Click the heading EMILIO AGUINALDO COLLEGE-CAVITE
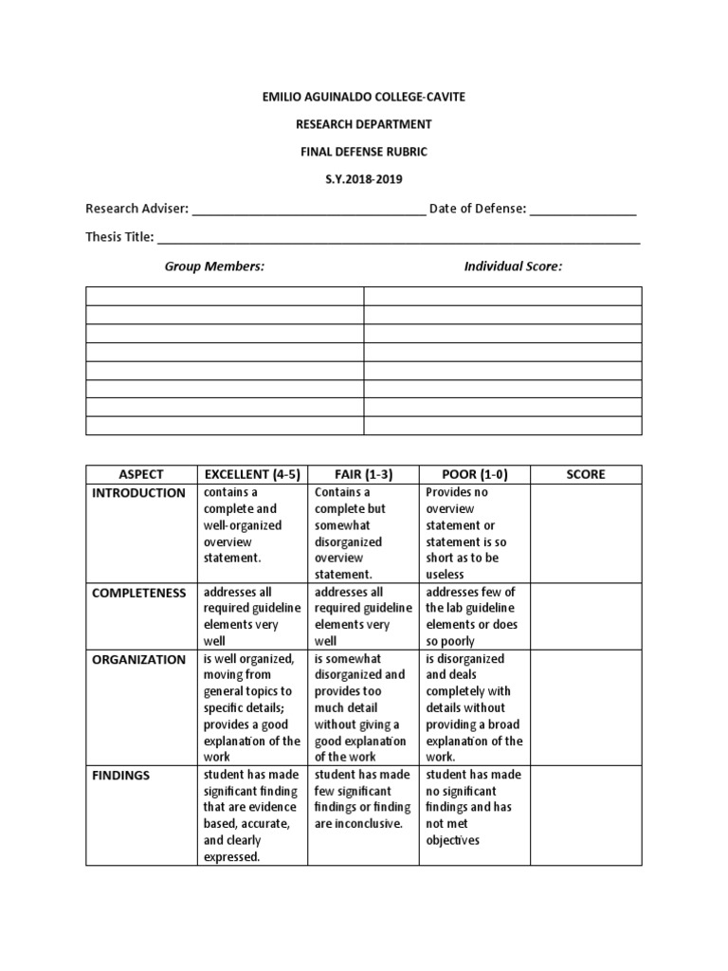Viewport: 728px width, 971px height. click(x=364, y=97)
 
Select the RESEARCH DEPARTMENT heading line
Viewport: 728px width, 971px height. click(x=364, y=124)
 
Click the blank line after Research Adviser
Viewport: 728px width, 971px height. click(x=309, y=210)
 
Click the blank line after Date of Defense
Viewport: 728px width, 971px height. click(x=582, y=210)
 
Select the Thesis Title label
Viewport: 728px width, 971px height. click(x=119, y=237)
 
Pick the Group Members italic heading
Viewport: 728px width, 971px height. click(x=214, y=266)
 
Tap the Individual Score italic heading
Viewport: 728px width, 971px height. click(x=513, y=266)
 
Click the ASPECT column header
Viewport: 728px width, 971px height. click(x=141, y=474)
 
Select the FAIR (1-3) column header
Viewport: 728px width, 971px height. click(x=364, y=474)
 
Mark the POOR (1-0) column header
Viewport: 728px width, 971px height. click(x=474, y=474)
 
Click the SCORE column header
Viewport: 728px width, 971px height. click(x=586, y=474)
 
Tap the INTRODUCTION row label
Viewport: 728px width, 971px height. click(x=138, y=493)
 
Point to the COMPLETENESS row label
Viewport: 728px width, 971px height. click(x=138, y=593)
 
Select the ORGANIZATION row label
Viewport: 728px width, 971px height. click(x=138, y=659)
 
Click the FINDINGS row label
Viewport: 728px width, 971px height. click(x=121, y=775)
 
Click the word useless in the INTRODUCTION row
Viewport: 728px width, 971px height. click(x=446, y=574)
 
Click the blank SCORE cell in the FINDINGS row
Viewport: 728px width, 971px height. click(x=586, y=815)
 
